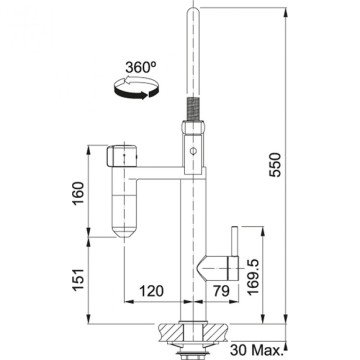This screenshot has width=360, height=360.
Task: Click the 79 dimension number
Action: tap(222, 292)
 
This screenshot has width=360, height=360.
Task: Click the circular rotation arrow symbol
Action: tap(137, 91)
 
